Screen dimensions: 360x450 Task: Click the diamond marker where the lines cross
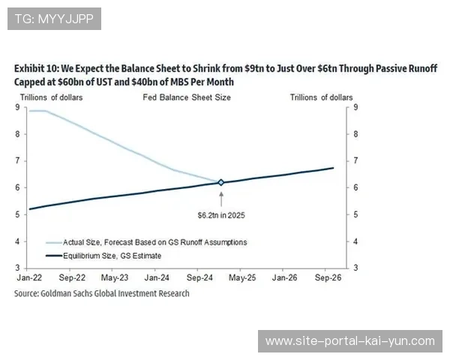pyautogui.click(x=220, y=182)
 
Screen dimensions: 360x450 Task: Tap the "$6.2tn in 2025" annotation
pyautogui.click(x=220, y=214)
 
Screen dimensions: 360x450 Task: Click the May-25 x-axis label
pyautogui.click(x=241, y=277)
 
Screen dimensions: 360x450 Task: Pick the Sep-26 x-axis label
pyautogui.click(x=325, y=277)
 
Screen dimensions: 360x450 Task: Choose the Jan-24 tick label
pyautogui.click(x=156, y=277)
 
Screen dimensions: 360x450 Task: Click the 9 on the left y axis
pyautogui.click(x=18, y=107)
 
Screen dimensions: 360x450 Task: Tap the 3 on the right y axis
pyautogui.click(x=355, y=268)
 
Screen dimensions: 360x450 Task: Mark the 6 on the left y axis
pyautogui.click(x=18, y=187)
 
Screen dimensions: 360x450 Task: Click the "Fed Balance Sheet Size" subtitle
pyautogui.click(x=187, y=97)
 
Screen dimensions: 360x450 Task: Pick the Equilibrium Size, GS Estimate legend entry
pyautogui.click(x=112, y=256)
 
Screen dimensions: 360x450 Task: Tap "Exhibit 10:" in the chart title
pyautogui.click(x=37, y=67)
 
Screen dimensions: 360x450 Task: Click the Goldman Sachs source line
pyautogui.click(x=101, y=294)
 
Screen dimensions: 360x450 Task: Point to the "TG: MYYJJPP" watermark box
pyautogui.click(x=54, y=19)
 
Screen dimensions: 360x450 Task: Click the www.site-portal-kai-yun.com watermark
pyautogui.click(x=349, y=341)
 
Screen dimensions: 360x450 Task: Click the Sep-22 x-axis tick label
pyautogui.click(x=71, y=277)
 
